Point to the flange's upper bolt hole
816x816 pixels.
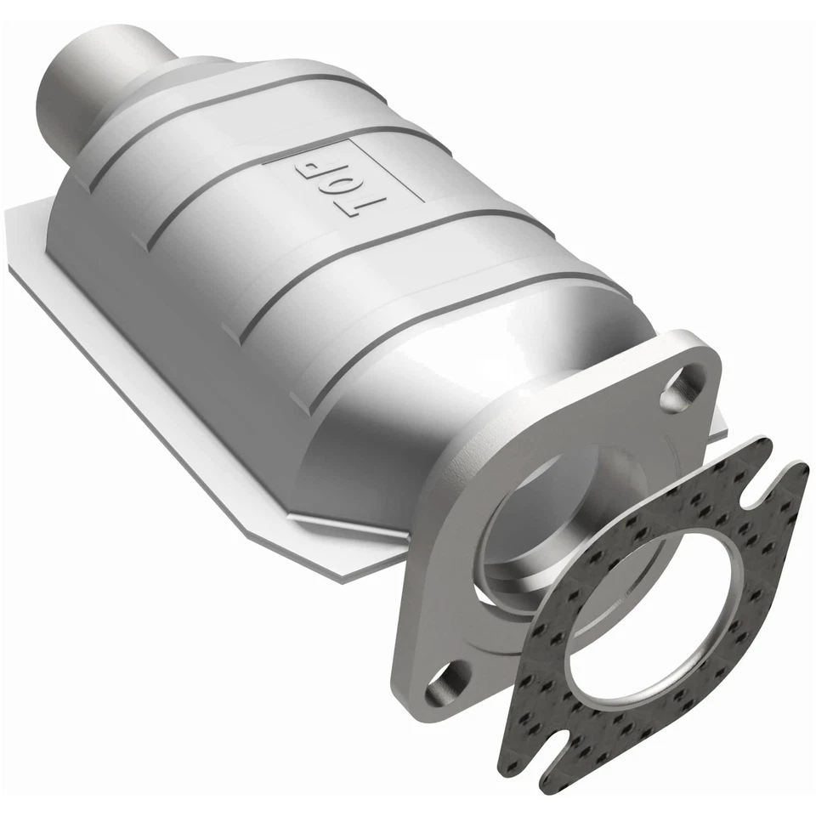[x=679, y=388]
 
